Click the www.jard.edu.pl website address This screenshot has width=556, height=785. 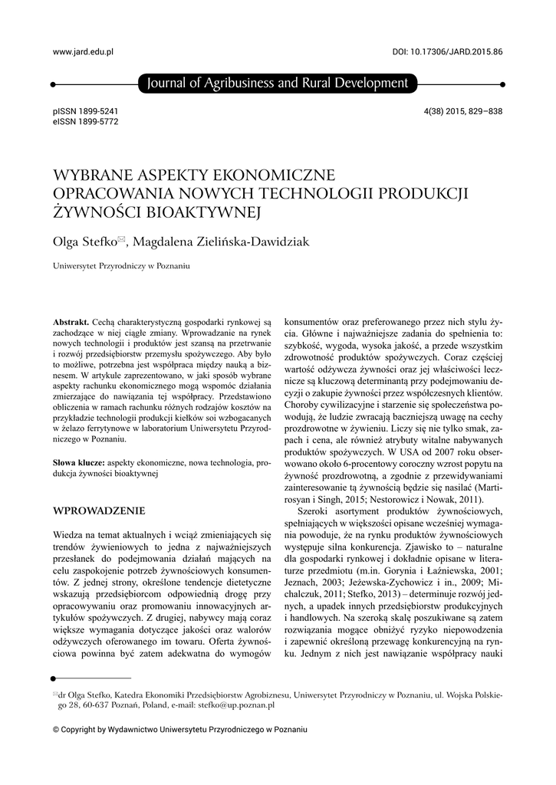(x=83, y=51)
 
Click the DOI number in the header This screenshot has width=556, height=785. (x=447, y=51)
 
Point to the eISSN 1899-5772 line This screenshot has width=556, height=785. (x=85, y=121)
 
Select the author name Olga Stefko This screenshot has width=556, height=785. (x=83, y=242)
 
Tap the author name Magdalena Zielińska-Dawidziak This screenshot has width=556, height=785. (x=222, y=242)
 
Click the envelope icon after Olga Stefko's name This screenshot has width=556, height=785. (x=121, y=239)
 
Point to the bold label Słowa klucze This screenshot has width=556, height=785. (x=78, y=464)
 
